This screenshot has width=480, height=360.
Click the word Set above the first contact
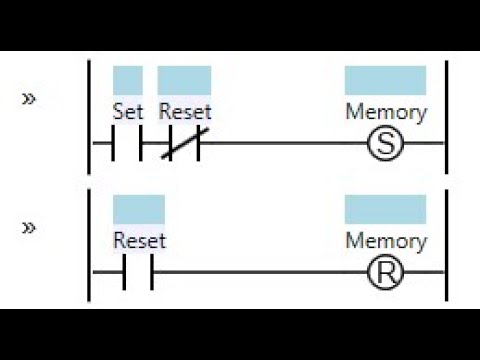(x=128, y=111)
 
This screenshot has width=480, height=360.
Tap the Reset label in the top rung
(x=185, y=111)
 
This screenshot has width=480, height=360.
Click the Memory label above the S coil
(x=385, y=111)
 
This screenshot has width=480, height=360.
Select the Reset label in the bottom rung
(x=139, y=240)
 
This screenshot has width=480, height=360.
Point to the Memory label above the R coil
(x=385, y=240)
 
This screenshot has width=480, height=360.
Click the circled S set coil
(x=385, y=144)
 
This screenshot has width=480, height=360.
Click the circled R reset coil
(x=385, y=272)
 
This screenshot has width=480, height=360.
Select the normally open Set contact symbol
(x=128, y=144)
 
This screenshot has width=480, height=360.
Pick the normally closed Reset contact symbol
(x=185, y=144)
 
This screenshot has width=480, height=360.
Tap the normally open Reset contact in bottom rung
(x=139, y=272)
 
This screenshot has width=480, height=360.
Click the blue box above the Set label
(x=128, y=80)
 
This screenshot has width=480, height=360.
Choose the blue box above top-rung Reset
(x=185, y=80)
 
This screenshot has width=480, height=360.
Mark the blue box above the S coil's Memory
(x=385, y=80)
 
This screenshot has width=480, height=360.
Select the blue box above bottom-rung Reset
(x=139, y=209)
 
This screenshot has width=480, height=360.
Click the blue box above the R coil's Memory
(x=385, y=209)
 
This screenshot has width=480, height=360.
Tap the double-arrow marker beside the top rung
(x=29, y=99)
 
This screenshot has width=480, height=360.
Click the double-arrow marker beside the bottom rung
(x=29, y=228)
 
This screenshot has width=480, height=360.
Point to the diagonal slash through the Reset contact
(x=185, y=144)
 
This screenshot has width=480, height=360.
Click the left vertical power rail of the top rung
(x=90, y=115)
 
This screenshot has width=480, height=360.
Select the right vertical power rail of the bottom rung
(x=446, y=245)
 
